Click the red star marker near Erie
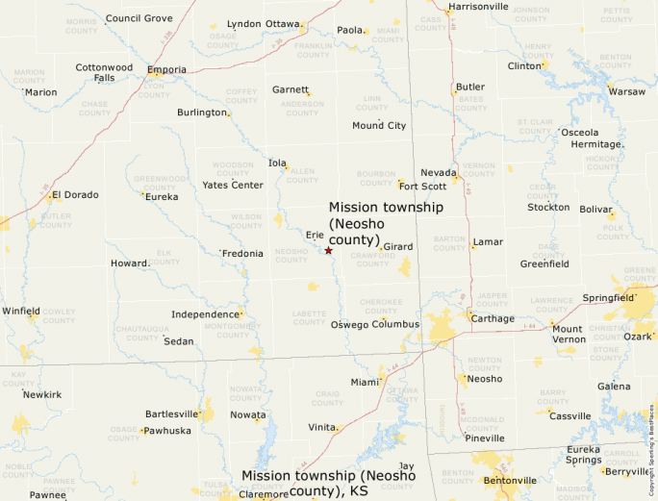(328, 251)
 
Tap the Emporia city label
(167, 69)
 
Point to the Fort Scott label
(422, 187)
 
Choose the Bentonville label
(510, 481)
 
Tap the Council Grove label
(139, 18)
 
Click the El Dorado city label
(75, 194)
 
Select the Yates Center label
(233, 185)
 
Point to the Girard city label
(397, 247)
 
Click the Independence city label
(205, 314)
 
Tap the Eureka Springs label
(583, 454)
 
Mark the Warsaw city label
(627, 91)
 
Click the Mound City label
(379, 126)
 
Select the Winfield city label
(21, 312)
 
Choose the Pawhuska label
(167, 431)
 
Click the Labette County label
(310, 317)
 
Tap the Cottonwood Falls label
(104, 72)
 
